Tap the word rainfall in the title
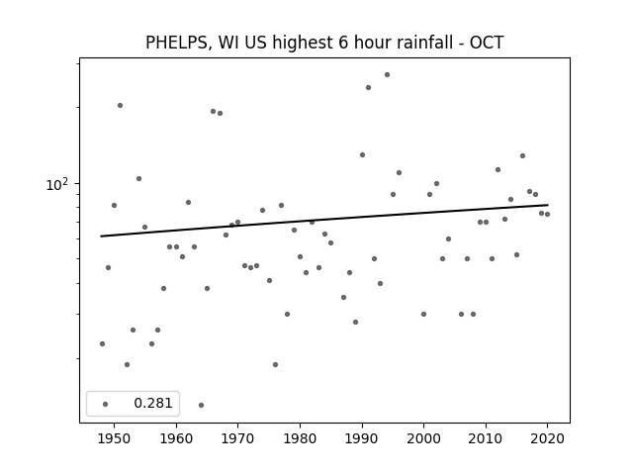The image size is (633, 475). [x=427, y=42]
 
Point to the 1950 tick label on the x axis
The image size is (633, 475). [x=115, y=438]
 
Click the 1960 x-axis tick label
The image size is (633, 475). [x=176, y=438]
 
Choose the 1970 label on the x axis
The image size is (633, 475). [x=237, y=438]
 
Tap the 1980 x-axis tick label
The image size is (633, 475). [x=300, y=438]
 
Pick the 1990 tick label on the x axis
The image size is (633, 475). [x=362, y=438]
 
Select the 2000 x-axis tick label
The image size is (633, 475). [x=424, y=438]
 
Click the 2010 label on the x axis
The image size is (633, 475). [x=486, y=438]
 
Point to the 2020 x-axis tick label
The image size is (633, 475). [x=547, y=438]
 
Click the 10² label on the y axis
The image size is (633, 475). [x=57, y=184]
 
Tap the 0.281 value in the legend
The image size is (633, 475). [x=153, y=403]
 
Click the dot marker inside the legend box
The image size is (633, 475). [x=106, y=404]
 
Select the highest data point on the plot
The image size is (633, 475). [x=387, y=75]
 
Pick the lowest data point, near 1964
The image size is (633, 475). [x=201, y=405]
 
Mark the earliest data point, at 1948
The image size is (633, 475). [x=102, y=343]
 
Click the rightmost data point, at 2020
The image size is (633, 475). [x=547, y=214]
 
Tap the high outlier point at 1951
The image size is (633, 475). [x=120, y=106]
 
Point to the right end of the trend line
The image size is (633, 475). [x=548, y=205]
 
